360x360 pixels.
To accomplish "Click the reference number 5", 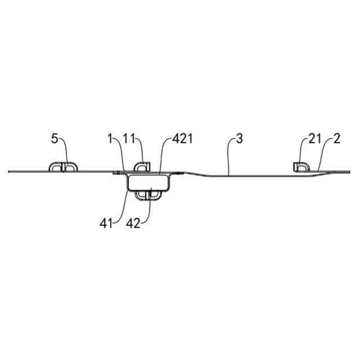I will coord(55,139).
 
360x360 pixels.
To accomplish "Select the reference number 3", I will coord(240,139).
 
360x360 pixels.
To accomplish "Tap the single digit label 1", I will coord(111,139).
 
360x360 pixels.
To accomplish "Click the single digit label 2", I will coord(336,139).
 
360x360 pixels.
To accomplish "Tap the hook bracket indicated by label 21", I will coord(302,166).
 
